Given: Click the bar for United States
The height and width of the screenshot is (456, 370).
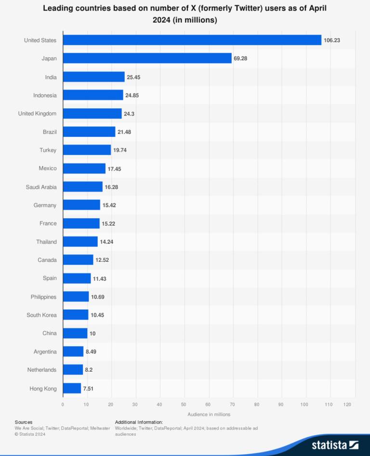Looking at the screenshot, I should [192, 40].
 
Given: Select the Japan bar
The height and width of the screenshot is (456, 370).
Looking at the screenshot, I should [147, 58].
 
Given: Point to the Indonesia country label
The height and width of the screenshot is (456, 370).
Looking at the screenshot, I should [45, 95].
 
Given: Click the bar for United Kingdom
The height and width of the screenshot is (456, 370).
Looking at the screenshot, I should [92, 114].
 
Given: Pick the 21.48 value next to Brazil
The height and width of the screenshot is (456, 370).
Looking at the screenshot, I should [125, 132].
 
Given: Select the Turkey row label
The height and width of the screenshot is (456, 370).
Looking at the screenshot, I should [48, 150].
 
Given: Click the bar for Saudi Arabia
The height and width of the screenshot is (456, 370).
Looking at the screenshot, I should [82, 187].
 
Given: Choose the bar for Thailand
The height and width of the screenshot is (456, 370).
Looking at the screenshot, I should [80, 242].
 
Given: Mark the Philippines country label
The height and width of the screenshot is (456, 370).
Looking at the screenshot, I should [43, 297].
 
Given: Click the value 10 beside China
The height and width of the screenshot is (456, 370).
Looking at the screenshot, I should [93, 333].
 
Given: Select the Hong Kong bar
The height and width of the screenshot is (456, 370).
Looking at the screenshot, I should [72, 388].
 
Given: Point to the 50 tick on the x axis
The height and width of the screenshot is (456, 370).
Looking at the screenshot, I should [184, 404].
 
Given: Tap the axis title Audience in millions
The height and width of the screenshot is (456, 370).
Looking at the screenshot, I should [209, 414].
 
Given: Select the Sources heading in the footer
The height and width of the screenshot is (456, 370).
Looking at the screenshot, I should [24, 422].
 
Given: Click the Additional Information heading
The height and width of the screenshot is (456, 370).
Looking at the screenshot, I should [139, 422].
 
